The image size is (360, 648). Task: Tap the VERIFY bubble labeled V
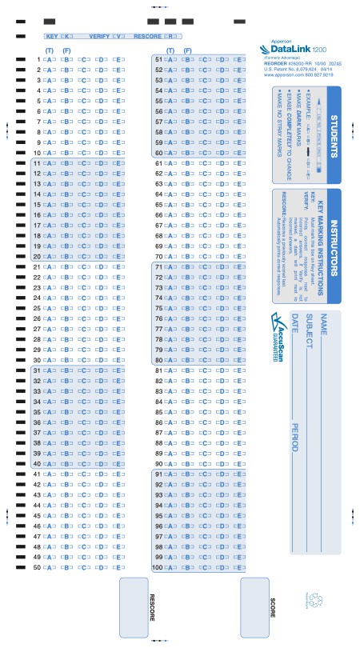pos(119,37)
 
